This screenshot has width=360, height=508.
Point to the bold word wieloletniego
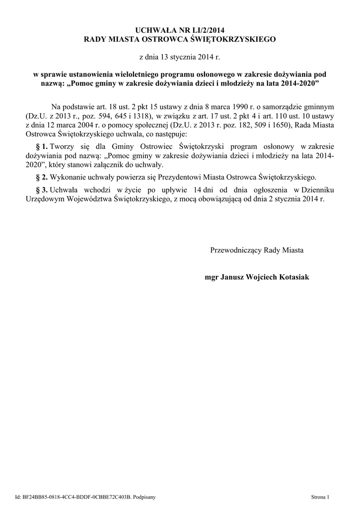coord(134,73)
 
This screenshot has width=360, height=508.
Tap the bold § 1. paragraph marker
coord(41,147)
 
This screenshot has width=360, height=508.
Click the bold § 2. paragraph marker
coord(41,177)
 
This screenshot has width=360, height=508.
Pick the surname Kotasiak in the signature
coord(291,277)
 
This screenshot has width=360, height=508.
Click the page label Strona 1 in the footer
coord(320,497)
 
